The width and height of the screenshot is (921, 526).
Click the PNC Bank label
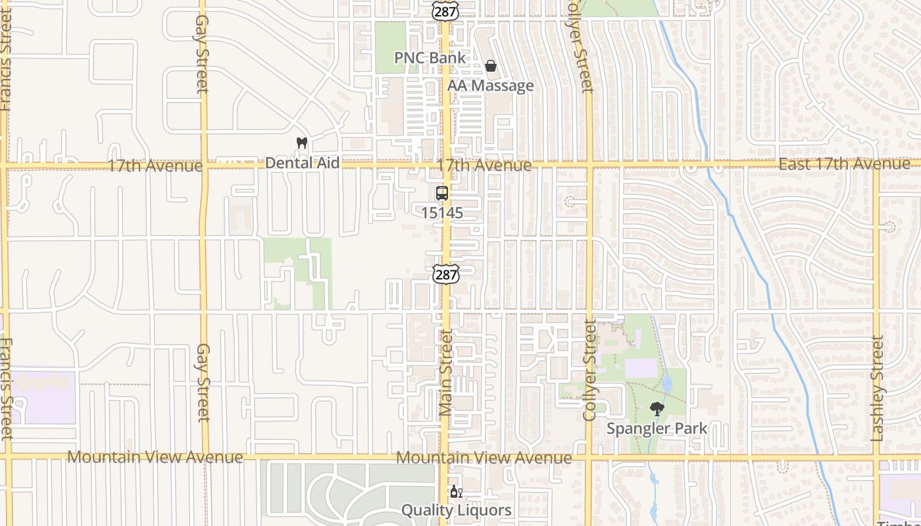tap(430, 58)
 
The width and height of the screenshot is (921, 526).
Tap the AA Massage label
tap(490, 86)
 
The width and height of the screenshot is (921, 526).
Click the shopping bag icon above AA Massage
tap(490, 66)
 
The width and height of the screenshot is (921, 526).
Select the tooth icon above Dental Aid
tap(302, 143)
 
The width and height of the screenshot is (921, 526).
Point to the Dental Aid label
tap(302, 163)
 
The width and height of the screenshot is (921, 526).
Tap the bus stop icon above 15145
tap(442, 193)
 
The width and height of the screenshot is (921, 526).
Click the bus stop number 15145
tap(442, 213)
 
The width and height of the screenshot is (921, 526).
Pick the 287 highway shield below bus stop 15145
tap(445, 275)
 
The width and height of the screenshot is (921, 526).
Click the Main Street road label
tap(446, 373)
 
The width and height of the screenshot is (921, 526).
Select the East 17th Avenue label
tap(844, 164)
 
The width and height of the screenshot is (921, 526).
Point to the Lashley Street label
tap(878, 388)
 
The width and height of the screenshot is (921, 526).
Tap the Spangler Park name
tap(657, 429)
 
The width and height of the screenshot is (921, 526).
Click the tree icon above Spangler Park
tap(657, 409)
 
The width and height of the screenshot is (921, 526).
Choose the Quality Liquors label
tap(456, 510)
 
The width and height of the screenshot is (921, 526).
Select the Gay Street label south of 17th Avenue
tap(203, 382)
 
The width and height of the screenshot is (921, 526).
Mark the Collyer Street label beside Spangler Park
tap(589, 370)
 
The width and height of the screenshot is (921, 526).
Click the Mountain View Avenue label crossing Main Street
tap(484, 458)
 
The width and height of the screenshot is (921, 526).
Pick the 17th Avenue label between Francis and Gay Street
tap(155, 166)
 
